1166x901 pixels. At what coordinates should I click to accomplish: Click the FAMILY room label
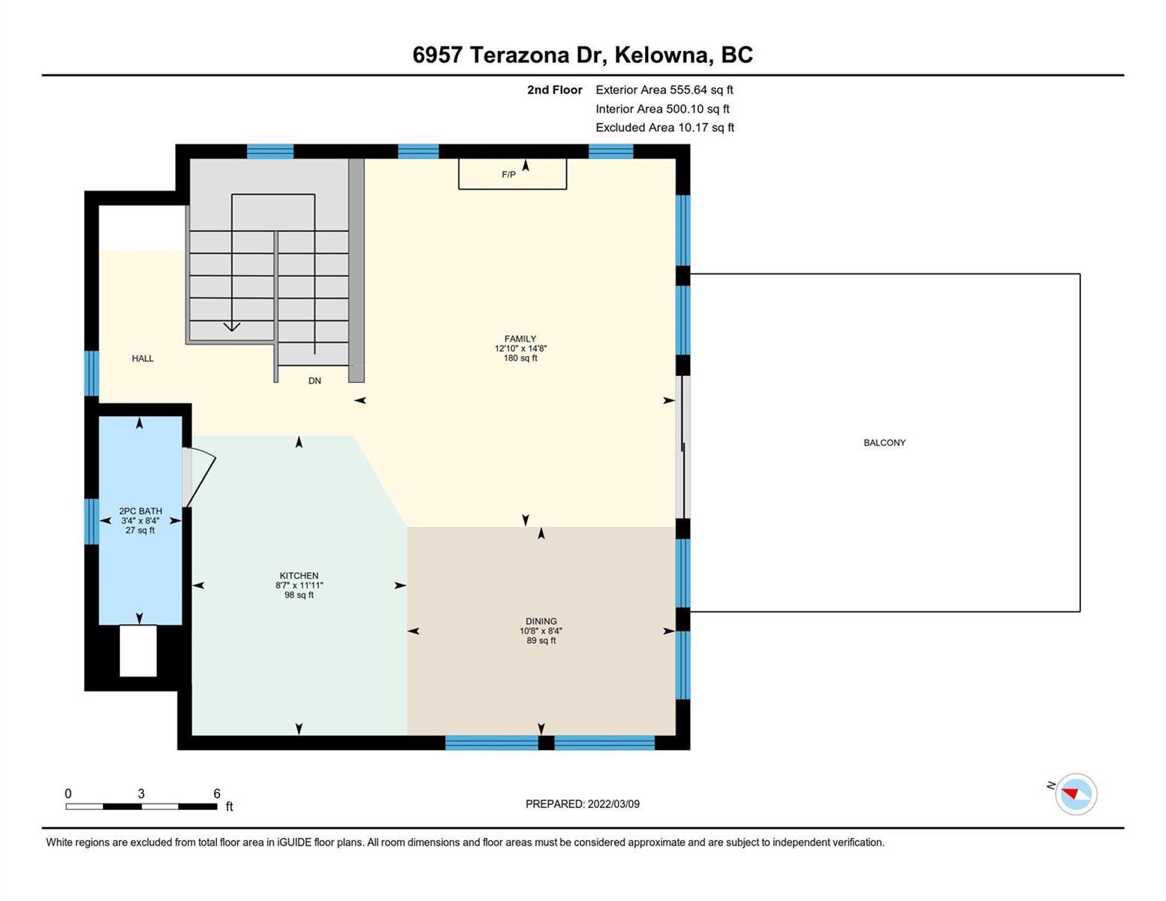click(x=520, y=339)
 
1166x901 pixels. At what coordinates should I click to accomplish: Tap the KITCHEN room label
click(x=299, y=575)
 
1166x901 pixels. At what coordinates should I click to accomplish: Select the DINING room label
click(x=541, y=621)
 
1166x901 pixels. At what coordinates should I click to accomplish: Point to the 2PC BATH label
click(x=140, y=511)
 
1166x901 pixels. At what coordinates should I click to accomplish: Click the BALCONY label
click(x=884, y=443)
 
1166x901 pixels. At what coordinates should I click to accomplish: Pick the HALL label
click(x=143, y=358)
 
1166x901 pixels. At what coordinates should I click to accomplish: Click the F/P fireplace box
click(x=513, y=174)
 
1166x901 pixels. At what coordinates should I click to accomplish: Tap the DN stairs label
click(x=315, y=381)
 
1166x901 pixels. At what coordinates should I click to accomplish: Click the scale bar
click(x=142, y=806)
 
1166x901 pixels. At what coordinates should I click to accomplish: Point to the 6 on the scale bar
click(x=217, y=793)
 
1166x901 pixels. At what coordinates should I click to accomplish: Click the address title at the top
click(x=582, y=55)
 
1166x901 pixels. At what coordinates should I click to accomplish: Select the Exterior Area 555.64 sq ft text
click(x=664, y=89)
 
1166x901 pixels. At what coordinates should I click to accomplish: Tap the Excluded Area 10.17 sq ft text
click(x=664, y=127)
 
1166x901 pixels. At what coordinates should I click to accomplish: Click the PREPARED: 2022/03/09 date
click(x=582, y=804)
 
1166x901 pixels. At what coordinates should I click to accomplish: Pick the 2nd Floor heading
click(x=554, y=89)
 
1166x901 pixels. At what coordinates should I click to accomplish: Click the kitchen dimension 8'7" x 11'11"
click(x=299, y=585)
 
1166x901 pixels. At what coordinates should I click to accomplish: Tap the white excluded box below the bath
click(x=138, y=651)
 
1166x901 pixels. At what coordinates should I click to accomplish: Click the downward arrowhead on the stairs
click(x=231, y=327)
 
